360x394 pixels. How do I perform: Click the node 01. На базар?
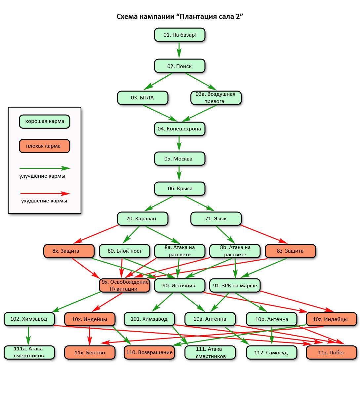click(180, 35)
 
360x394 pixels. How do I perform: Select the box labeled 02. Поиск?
click(180, 66)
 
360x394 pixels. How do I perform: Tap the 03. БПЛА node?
click(142, 98)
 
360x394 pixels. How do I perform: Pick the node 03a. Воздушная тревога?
click(216, 98)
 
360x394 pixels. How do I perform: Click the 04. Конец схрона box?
click(180, 129)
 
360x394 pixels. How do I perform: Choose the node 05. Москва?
click(180, 159)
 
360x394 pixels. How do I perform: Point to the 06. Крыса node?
click(180, 189)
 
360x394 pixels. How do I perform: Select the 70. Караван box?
click(142, 219)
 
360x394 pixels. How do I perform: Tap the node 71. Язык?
click(216, 219)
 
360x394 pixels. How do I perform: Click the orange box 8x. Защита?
click(69, 251)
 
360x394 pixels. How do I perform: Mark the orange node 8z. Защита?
click(290, 251)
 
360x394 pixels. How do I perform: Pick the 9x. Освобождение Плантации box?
click(125, 285)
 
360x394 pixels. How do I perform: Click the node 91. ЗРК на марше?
click(235, 285)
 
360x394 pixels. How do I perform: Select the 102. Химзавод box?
click(29, 319)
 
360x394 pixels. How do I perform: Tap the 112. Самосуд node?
click(271, 352)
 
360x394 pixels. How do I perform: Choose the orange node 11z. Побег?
click(331, 352)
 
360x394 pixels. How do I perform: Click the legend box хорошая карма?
click(45, 121)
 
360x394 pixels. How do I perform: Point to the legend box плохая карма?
click(45, 146)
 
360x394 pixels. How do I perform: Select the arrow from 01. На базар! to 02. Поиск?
click(179, 50)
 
